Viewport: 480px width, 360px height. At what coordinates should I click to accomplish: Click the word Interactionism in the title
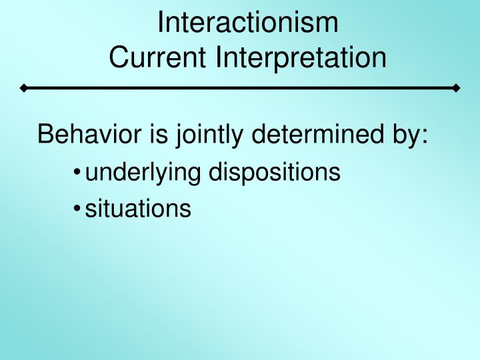(x=248, y=23)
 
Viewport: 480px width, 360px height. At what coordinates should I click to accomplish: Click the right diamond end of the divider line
(x=456, y=88)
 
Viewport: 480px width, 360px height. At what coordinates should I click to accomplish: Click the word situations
(x=138, y=209)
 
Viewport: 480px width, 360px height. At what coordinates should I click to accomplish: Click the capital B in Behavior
(x=46, y=135)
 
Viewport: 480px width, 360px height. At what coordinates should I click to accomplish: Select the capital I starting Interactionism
(x=161, y=23)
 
